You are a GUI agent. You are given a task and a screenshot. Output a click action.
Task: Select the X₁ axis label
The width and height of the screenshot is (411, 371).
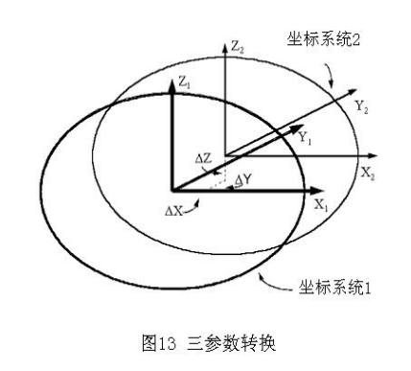[325, 205]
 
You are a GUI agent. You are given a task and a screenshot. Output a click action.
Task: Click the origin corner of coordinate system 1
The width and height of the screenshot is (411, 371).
[171, 190]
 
